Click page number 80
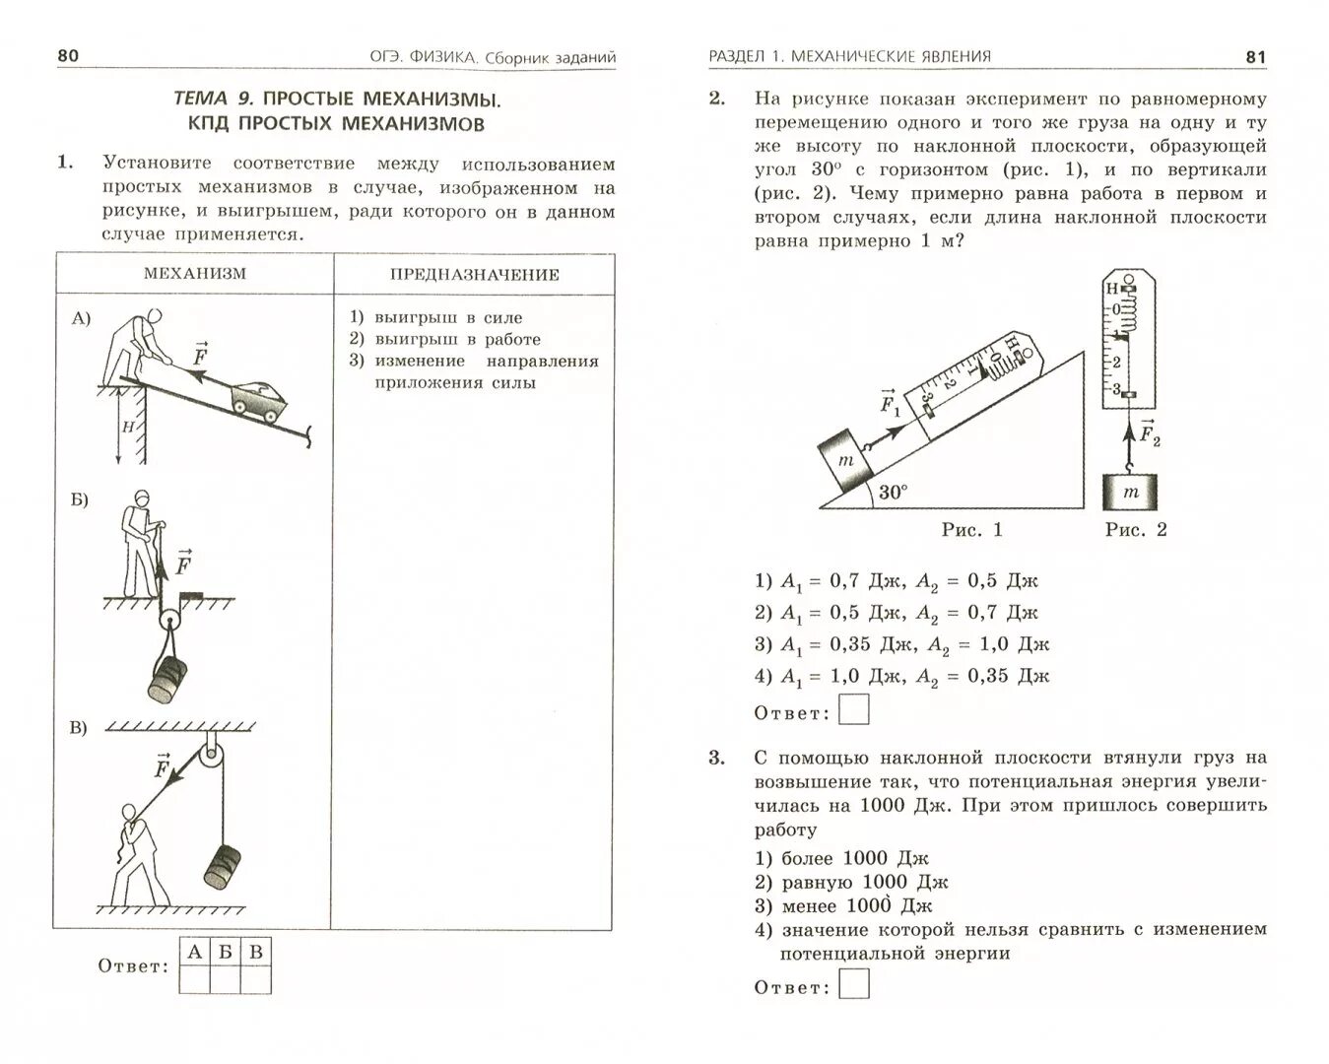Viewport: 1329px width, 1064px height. (67, 55)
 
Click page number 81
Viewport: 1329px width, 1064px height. (1255, 57)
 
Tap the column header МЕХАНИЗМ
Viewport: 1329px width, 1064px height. (194, 273)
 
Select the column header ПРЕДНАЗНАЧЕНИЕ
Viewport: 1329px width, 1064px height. (474, 275)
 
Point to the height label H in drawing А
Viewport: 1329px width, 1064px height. (128, 427)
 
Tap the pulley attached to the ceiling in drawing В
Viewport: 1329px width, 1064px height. (212, 759)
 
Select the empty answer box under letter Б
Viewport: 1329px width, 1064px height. (226, 979)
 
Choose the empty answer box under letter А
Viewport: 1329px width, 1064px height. (195, 979)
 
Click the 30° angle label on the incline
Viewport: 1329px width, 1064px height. (893, 492)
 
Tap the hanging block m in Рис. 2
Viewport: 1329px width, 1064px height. (1129, 492)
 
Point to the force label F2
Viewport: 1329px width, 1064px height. (1149, 432)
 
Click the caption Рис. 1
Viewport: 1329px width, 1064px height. (971, 530)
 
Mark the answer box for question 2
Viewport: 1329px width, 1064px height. (854, 709)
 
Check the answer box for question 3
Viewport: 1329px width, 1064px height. (854, 984)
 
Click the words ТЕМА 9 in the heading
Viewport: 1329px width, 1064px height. (213, 99)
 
